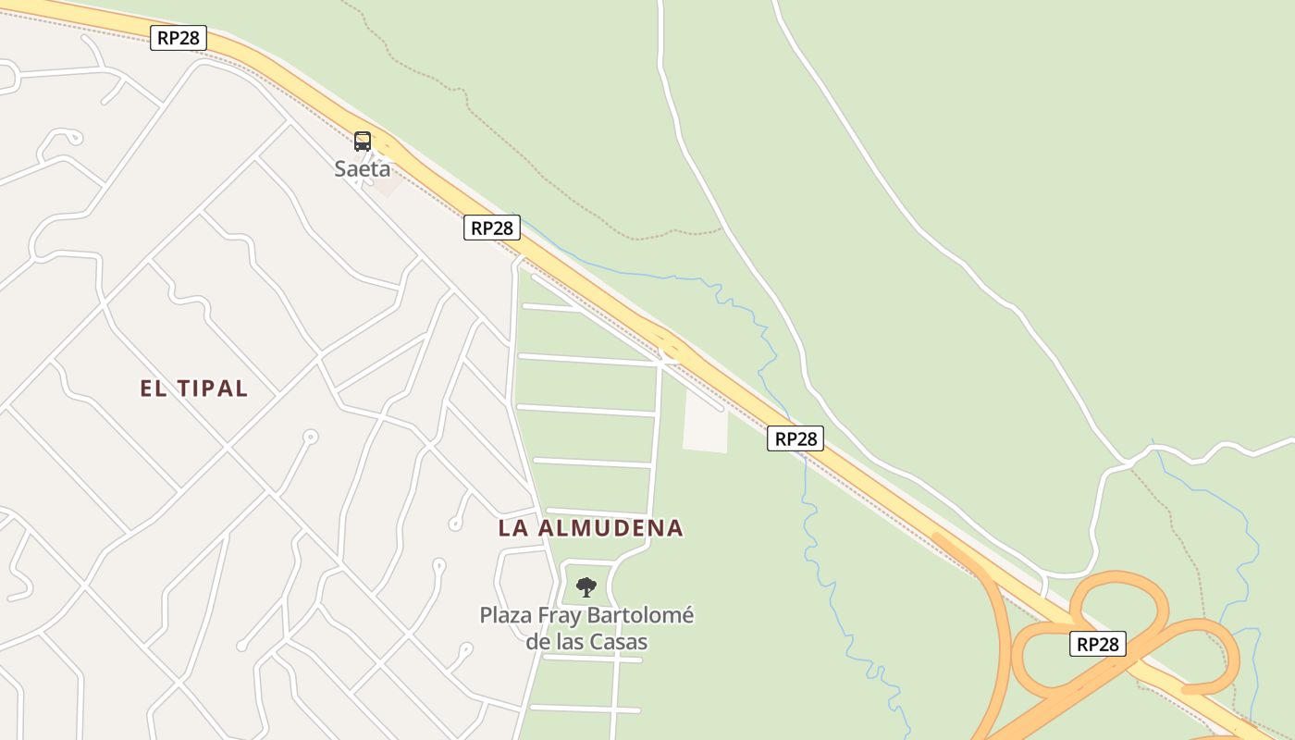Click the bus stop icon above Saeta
pos(363,142)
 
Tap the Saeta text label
pos(363,169)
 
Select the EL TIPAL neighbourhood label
pos(194,388)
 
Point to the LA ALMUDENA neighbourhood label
pos(591,528)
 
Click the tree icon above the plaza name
pos(586,586)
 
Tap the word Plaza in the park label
pos(505,616)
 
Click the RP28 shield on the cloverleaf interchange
pos(1098,644)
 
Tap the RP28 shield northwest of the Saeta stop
pos(179,38)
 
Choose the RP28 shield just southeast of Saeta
pos(492,228)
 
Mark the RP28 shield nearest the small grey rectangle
pos(795,438)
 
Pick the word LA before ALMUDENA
pos(512,528)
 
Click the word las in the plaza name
pos(576,642)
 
